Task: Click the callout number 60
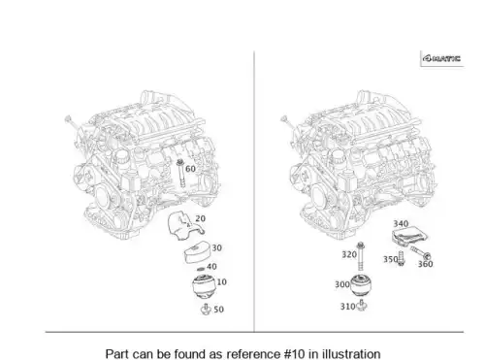tap(190, 169)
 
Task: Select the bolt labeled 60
tap(180, 173)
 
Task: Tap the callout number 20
tap(200, 218)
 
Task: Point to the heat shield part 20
tap(185, 225)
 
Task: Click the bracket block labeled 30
tap(197, 252)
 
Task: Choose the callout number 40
tap(211, 267)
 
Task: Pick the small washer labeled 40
tap(201, 269)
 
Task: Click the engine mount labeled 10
tap(204, 286)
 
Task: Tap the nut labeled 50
tap(206, 310)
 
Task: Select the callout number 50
tap(218, 310)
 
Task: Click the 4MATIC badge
tap(442, 58)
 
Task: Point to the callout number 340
tap(401, 223)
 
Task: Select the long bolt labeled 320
tap(361, 256)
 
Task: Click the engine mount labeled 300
tap(361, 285)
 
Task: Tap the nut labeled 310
tap(362, 305)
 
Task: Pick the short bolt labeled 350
tap(401, 258)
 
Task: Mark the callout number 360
tap(425, 264)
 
